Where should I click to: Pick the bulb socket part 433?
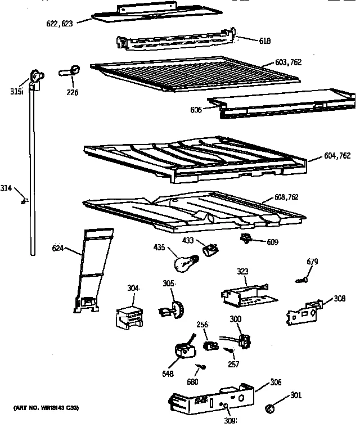coord(211,248)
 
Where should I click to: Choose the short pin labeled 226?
coord(70,71)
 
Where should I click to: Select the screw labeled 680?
coord(201,367)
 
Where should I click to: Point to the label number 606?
coord(195,110)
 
